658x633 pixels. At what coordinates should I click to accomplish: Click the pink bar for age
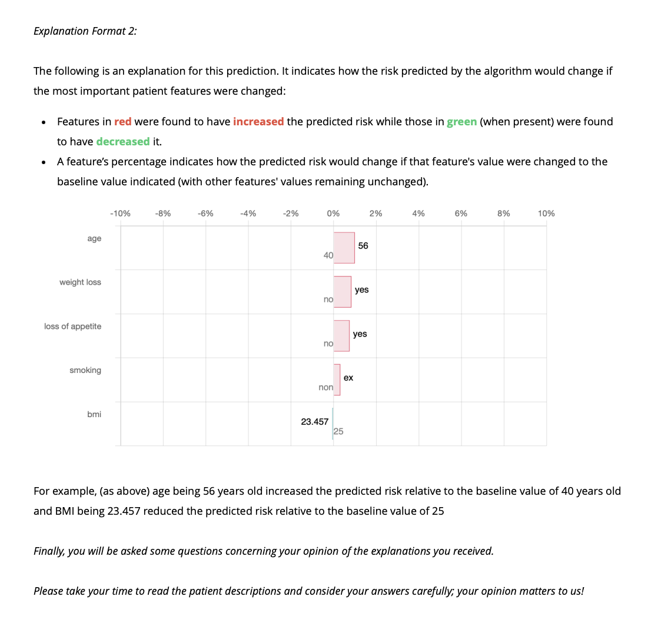click(x=344, y=248)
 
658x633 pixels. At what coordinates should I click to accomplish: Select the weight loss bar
click(x=342, y=292)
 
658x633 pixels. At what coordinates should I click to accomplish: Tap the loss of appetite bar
click(x=341, y=336)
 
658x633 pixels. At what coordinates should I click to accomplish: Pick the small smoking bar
click(x=337, y=379)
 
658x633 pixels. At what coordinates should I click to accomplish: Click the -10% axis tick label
click(x=120, y=214)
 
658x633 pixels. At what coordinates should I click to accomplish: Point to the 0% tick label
click(x=333, y=214)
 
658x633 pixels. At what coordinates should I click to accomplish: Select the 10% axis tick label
click(x=546, y=214)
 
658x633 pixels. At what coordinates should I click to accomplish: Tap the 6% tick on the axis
click(x=461, y=214)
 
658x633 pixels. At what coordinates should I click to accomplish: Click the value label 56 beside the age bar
click(x=363, y=246)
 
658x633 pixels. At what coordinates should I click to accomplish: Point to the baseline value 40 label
click(x=328, y=255)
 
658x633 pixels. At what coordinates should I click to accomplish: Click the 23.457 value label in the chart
click(x=315, y=422)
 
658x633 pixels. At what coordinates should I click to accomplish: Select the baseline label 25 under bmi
click(x=338, y=431)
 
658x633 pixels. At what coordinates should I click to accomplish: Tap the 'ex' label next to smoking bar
click(x=348, y=378)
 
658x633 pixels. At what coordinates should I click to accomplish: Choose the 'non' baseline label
click(x=325, y=388)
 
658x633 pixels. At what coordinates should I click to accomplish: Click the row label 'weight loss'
click(x=80, y=282)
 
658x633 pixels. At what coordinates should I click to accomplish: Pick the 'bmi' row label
click(x=94, y=414)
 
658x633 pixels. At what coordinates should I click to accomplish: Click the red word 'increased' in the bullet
click(x=258, y=122)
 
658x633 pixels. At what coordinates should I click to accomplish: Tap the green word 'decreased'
click(x=123, y=142)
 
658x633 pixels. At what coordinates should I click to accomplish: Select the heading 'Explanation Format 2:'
click(x=85, y=31)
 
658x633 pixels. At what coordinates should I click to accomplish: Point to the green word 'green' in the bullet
click(x=461, y=122)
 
